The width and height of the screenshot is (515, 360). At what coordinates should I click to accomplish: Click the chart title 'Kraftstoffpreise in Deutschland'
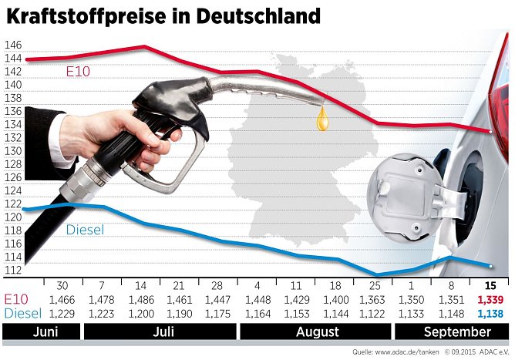click(163, 15)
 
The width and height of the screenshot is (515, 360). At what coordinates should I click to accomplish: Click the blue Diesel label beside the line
click(85, 230)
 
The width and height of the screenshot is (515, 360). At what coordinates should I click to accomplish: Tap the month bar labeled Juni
click(41, 332)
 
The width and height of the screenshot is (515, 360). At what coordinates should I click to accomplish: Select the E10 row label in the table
click(17, 299)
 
